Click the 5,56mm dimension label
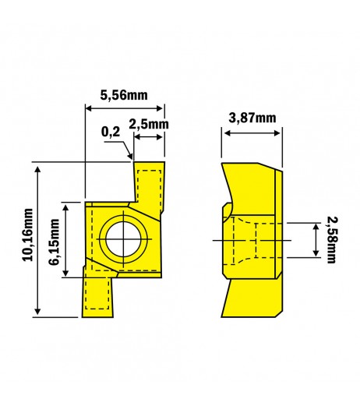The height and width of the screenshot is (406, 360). tap(124, 95)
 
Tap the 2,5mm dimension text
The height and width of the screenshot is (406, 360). tap(149, 124)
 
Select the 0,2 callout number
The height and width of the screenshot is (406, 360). tap(111, 132)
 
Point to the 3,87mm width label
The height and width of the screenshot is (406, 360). tap(252, 118)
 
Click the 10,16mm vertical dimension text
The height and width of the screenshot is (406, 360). tap(28, 235)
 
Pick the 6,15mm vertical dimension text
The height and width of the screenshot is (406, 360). tap(54, 242)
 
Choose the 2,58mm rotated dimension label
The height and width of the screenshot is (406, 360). tap(332, 239)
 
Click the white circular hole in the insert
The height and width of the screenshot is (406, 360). tap(123, 239)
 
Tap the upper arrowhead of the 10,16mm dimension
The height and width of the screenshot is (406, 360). tap(38, 170)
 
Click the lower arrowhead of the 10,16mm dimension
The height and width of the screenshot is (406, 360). tap(38, 310)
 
